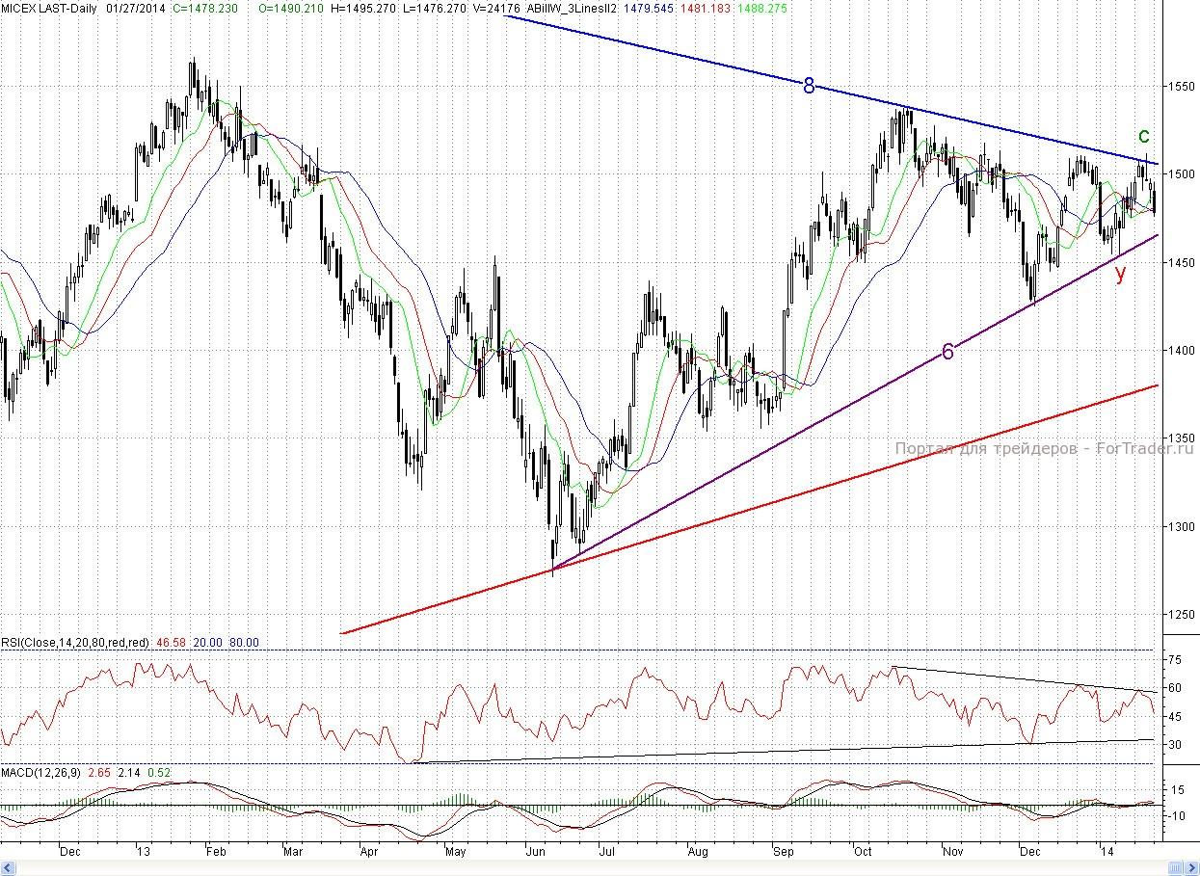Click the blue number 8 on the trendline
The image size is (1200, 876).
tap(810, 87)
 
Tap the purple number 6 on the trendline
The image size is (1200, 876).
tap(947, 353)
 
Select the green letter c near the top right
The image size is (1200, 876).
tap(1144, 136)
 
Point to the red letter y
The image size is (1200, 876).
tap(1120, 273)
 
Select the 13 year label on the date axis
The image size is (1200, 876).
tap(143, 852)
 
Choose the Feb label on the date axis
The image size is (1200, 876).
tap(215, 852)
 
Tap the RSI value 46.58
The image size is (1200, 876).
tap(169, 643)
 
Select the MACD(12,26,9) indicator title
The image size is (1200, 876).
tap(41, 773)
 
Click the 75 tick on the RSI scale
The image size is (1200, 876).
tap(1176, 660)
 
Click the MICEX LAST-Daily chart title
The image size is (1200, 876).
tap(43, 7)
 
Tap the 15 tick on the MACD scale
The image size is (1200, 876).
tap(1176, 790)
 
